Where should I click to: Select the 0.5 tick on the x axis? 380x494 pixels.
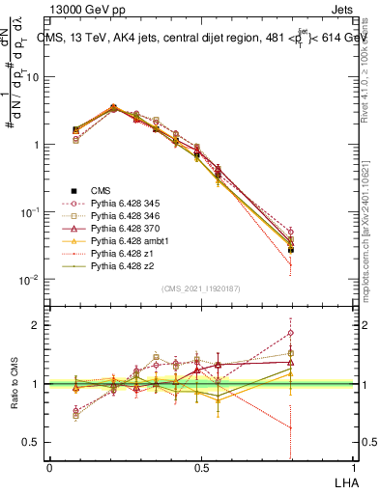pos(201,468)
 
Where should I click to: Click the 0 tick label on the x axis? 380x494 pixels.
pos(49,468)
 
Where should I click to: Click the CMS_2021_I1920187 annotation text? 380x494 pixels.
pos(200,289)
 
